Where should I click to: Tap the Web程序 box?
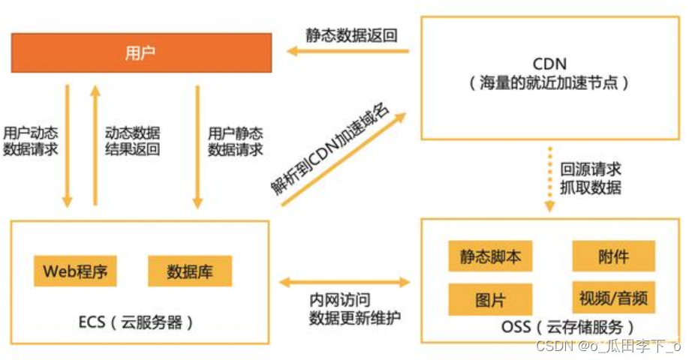[75, 271]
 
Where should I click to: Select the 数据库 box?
[189, 271]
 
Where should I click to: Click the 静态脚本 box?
[490, 257]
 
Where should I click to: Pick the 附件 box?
[613, 257]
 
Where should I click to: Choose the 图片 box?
[490, 300]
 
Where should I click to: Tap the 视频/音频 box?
[613, 300]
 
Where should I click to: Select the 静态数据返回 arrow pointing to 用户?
[350, 52]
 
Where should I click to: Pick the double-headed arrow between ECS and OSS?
[344, 283]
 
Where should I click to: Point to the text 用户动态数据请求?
[31, 141]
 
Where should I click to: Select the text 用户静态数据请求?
[236, 141]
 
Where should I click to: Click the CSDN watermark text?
[607, 346]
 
